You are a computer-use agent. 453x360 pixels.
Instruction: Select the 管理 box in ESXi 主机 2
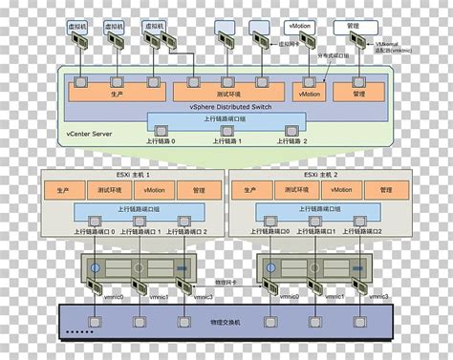(386, 189)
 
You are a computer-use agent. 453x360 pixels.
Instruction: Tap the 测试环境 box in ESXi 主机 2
(295, 189)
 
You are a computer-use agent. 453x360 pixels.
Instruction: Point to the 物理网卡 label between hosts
(225, 282)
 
